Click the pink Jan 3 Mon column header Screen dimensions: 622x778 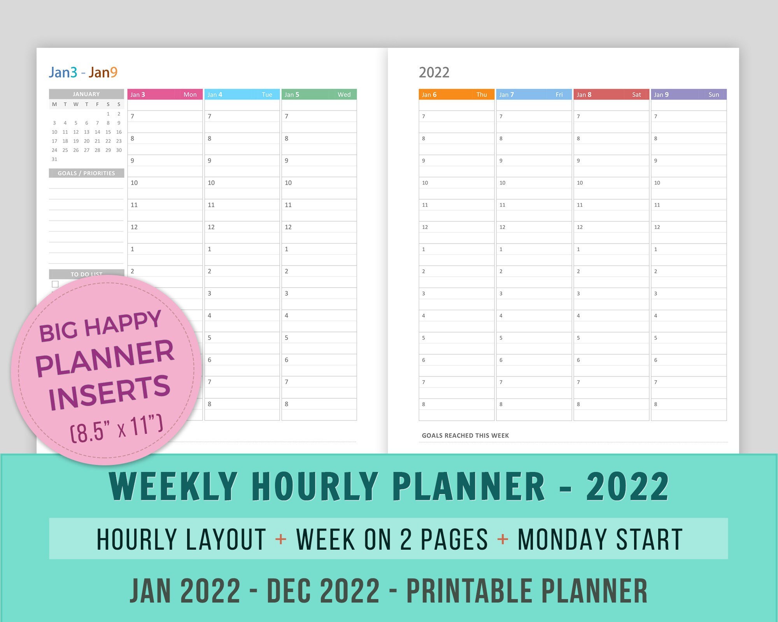click(x=165, y=94)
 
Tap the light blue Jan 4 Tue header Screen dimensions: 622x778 click(x=242, y=94)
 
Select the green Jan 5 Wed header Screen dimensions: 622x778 click(x=319, y=94)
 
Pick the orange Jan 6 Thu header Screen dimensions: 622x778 click(x=456, y=94)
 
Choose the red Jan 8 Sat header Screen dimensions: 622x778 click(x=611, y=94)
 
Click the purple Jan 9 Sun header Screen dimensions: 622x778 click(x=689, y=94)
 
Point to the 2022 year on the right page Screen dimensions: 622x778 click(x=434, y=72)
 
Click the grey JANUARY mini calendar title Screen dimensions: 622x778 click(x=86, y=94)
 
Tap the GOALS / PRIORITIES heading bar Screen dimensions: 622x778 click(x=86, y=173)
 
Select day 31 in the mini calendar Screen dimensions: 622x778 click(x=54, y=159)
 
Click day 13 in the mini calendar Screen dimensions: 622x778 click(x=87, y=132)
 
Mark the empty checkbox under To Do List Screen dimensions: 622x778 click(x=55, y=284)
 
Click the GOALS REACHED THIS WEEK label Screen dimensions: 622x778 click(x=465, y=435)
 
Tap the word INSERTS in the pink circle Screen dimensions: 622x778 click(x=110, y=393)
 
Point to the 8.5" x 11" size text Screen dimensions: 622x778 click(x=117, y=428)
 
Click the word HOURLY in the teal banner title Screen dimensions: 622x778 click(x=315, y=486)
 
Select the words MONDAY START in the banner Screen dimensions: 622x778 click(x=600, y=539)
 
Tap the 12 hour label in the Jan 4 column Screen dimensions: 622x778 click(x=211, y=227)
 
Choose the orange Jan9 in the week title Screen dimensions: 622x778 click(x=103, y=72)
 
